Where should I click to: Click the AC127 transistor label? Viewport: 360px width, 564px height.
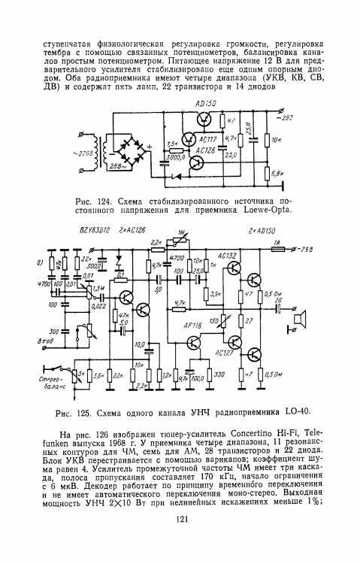(222, 351)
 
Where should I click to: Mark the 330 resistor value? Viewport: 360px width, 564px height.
(219, 374)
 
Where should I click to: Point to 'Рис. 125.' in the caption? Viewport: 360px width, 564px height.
(74, 411)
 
